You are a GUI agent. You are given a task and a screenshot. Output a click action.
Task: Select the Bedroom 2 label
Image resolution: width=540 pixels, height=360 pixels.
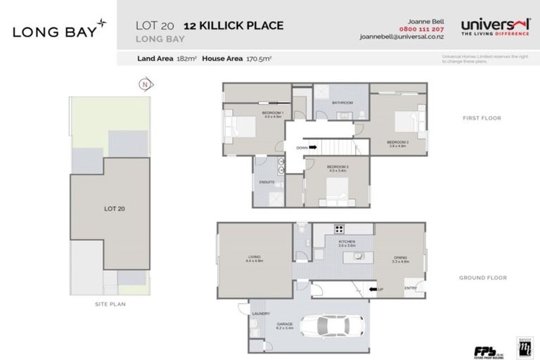coord(338,167)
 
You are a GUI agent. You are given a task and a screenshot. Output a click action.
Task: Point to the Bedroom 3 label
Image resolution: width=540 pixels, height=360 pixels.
coord(397,143)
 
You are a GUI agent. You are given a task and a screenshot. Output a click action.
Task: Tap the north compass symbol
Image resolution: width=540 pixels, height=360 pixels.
coord(143,84)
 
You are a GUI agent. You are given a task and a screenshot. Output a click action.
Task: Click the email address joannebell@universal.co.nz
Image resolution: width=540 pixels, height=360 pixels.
coord(399,37)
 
